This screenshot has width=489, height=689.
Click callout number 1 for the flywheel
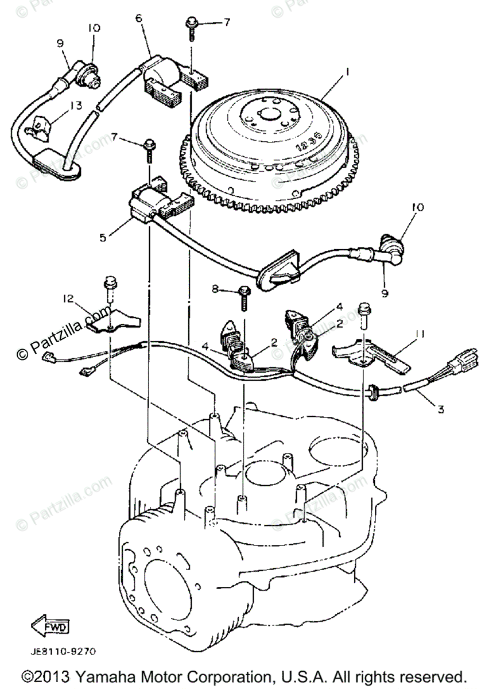coord(346,73)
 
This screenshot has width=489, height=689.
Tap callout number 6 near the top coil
coord(138,18)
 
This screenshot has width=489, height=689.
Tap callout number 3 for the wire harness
coord(440,409)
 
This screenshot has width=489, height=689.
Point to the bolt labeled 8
coord(243,296)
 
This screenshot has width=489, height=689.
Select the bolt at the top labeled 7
coord(191,26)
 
